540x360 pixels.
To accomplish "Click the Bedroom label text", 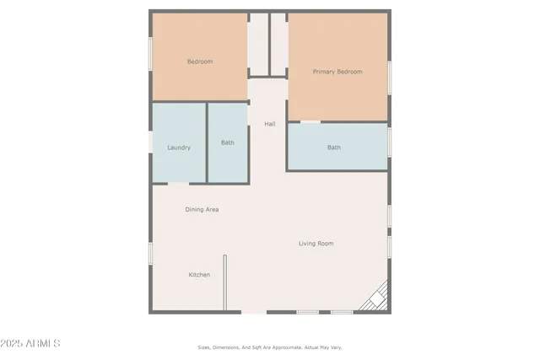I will pyautogui.click(x=200, y=62).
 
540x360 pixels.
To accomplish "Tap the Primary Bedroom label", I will pyautogui.click(x=337, y=72).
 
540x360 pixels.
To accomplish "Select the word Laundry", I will pyautogui.click(x=179, y=148).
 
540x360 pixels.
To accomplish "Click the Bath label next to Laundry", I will pyautogui.click(x=228, y=142).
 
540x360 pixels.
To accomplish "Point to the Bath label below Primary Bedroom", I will pyautogui.click(x=334, y=148).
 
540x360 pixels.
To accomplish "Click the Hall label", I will pyautogui.click(x=270, y=124).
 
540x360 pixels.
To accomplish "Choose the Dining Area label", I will pyautogui.click(x=202, y=209).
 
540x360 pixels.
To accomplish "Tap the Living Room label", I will pyautogui.click(x=316, y=244).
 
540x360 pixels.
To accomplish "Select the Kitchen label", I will pyautogui.click(x=199, y=275).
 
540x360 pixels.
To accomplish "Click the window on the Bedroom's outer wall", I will pyautogui.click(x=151, y=56).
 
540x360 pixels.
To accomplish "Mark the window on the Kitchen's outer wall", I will pyautogui.click(x=151, y=254).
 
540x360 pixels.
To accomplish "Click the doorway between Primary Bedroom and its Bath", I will pyautogui.click(x=310, y=122).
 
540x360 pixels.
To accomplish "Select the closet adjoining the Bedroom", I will pyautogui.click(x=258, y=44).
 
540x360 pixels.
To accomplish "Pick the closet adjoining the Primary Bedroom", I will pyautogui.click(x=279, y=44).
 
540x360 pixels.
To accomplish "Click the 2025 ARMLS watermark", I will pyautogui.click(x=31, y=344).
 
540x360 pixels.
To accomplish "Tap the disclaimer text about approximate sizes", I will pyautogui.click(x=270, y=347).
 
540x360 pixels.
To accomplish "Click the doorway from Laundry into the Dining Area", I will pyautogui.click(x=179, y=183).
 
